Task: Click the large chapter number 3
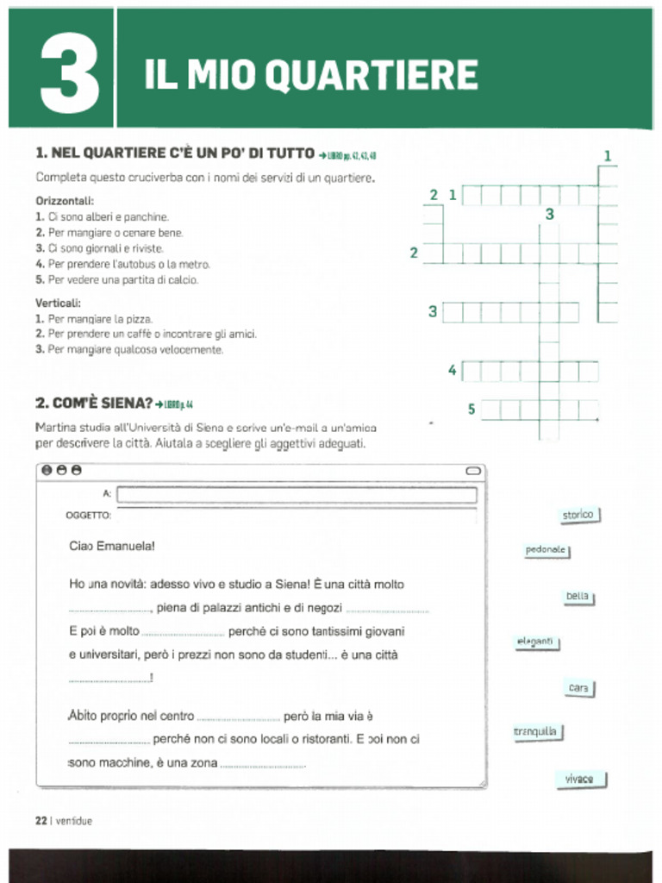[70, 75]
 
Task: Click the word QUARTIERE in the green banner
[371, 76]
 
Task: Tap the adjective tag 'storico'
[578, 516]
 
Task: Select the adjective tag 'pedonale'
[546, 550]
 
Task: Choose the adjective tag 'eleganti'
[536, 642]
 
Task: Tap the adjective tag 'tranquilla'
[537, 733]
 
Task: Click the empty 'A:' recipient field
[296, 495]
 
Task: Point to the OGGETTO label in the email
[88, 516]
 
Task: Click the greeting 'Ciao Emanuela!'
[112, 546]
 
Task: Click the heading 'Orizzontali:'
[65, 201]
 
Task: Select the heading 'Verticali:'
[59, 303]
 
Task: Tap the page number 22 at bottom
[41, 821]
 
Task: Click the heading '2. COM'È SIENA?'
[94, 403]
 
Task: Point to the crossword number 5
[472, 409]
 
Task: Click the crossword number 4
[452, 371]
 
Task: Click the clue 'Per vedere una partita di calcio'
[122, 280]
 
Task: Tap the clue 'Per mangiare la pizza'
[100, 319]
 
